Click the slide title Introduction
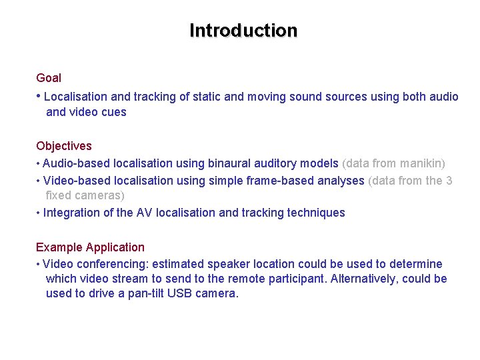coord(243,31)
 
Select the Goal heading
coord(49,78)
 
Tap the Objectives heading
coord(64,146)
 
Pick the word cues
coord(113,112)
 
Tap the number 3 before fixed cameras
coord(449,181)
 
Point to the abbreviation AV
coord(144,213)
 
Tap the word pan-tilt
coord(145,293)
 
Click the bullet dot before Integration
coord(39,213)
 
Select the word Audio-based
coord(77,163)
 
